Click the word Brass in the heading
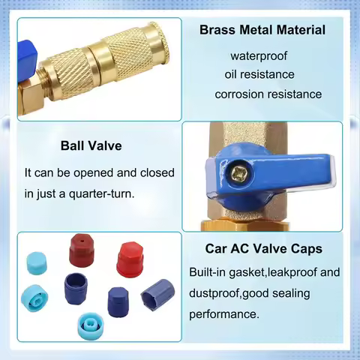click(217, 30)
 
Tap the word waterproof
click(259, 56)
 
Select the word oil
click(230, 74)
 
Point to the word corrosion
click(239, 94)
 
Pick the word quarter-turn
click(102, 193)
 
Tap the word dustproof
click(214, 293)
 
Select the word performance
click(224, 314)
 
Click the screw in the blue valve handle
click(236, 172)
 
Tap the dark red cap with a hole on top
click(82, 250)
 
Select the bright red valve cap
click(130, 259)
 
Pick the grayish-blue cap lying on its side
click(157, 295)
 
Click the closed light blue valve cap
click(37, 263)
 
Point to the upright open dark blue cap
click(76, 289)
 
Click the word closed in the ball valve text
click(157, 172)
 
